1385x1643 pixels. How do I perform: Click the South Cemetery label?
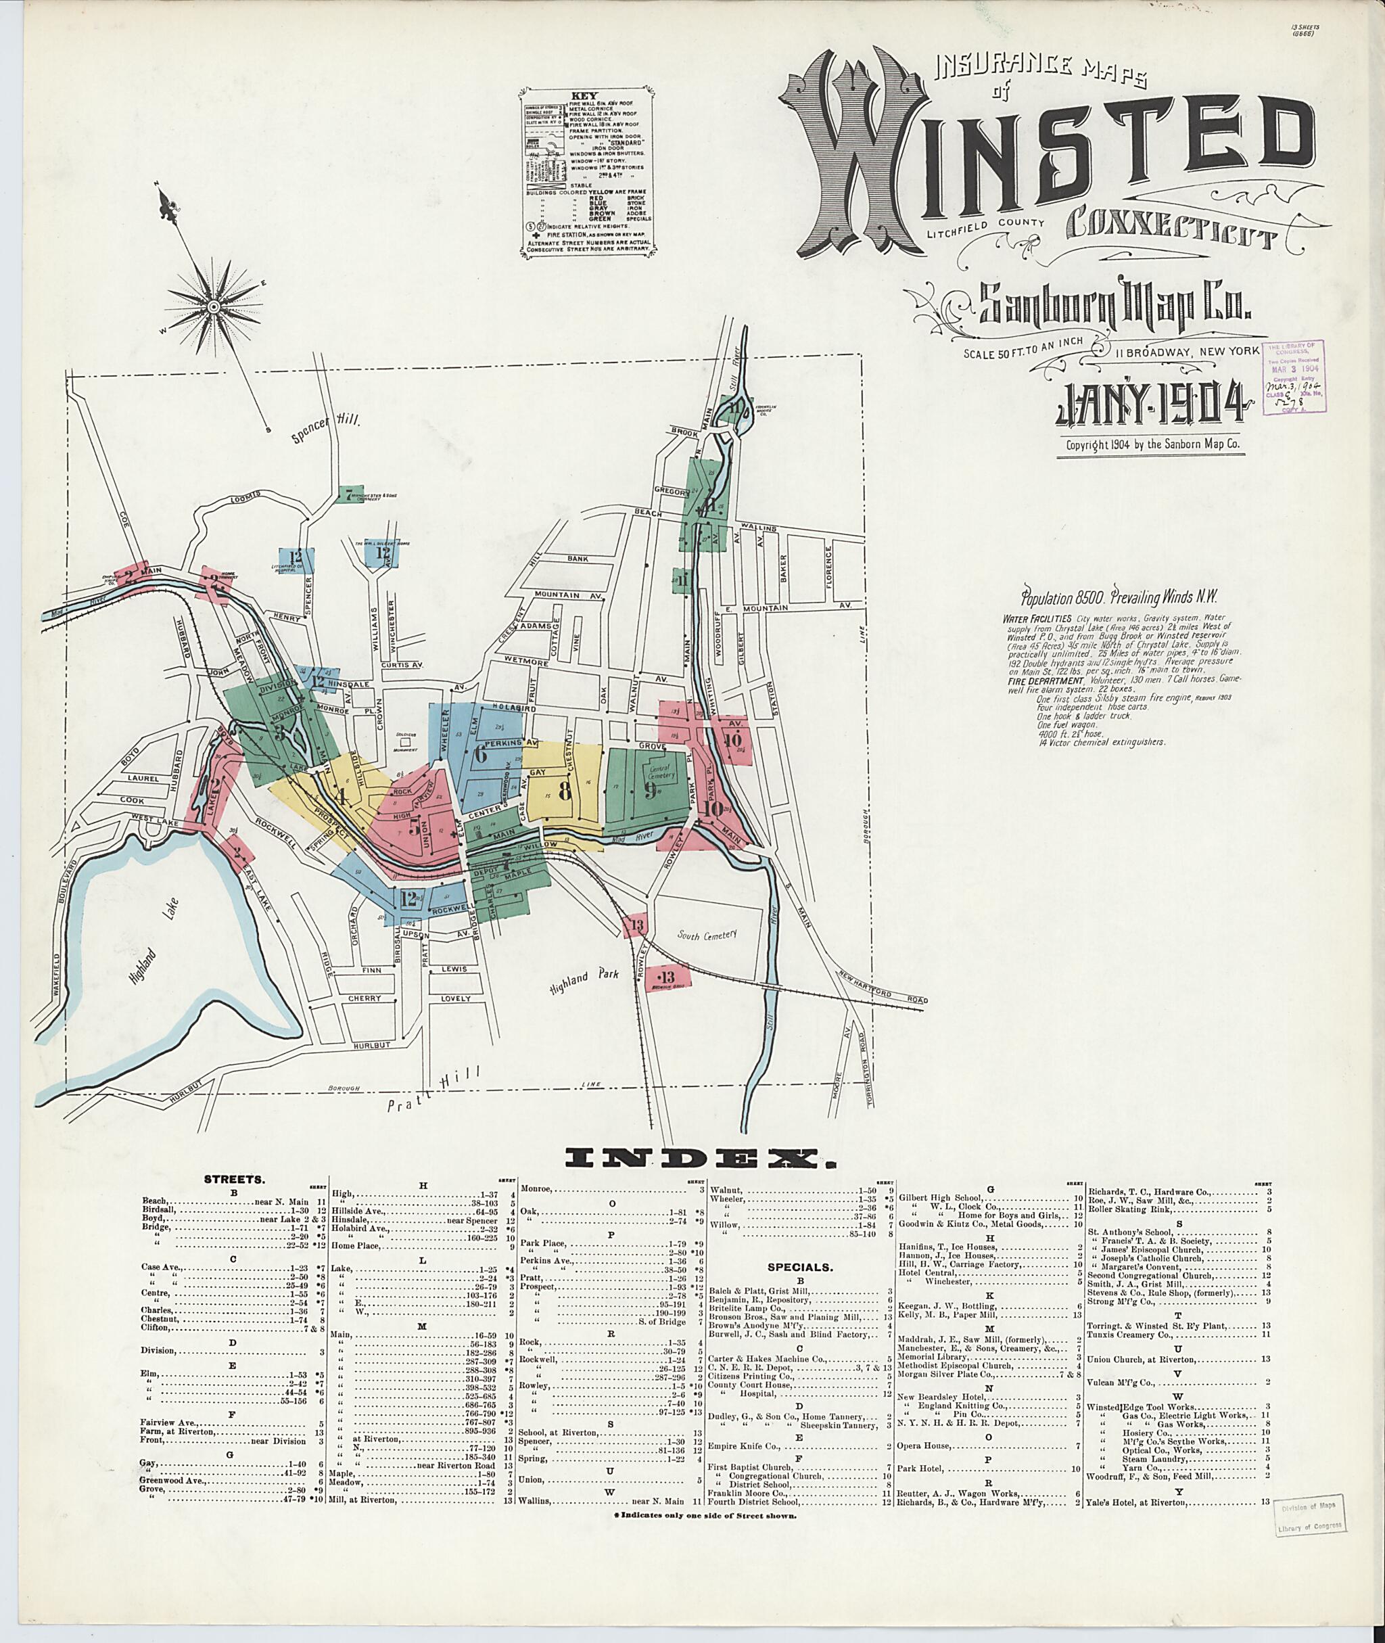click(x=707, y=935)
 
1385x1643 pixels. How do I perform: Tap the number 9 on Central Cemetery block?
click(x=650, y=791)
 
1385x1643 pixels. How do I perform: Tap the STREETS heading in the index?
click(x=234, y=1180)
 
